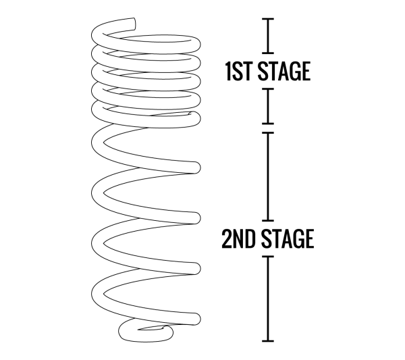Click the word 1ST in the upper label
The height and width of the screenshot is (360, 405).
pos(238,71)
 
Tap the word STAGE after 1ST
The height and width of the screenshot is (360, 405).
pos(284,71)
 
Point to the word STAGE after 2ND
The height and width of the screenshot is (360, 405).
pos(288,238)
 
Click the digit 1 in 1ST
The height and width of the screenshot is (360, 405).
pos(229,71)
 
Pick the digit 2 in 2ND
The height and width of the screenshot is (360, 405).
pos(226,238)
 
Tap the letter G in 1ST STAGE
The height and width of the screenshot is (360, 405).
pos(294,71)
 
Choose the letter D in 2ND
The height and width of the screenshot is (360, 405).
pos(250,238)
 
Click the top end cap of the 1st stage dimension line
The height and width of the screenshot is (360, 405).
pos(268,19)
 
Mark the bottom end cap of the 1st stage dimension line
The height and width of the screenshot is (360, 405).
pos(268,124)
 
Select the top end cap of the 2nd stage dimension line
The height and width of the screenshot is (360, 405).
pos(268,133)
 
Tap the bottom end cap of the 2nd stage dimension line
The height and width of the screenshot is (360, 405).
pos(268,341)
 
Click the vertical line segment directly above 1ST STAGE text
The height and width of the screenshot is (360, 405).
pos(268,36)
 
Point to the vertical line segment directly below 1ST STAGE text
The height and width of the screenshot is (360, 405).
pos(268,106)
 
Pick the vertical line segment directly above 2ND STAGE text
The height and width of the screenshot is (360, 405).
pos(268,177)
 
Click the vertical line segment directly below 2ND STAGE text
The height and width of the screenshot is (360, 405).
pos(268,299)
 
